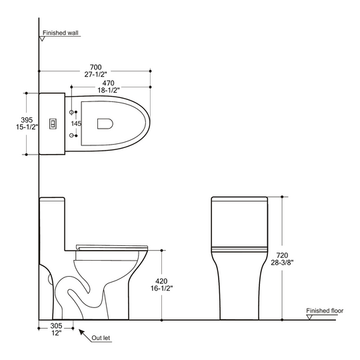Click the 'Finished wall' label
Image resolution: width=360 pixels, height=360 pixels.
pyautogui.click(x=61, y=33)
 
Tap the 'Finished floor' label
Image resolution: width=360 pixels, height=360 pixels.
pyautogui.click(x=325, y=311)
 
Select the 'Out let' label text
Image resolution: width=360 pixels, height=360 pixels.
pyautogui.click(x=101, y=338)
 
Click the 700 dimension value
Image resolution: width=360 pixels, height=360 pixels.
pyautogui.click(x=95, y=67)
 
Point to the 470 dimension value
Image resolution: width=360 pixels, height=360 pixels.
pyautogui.click(x=109, y=83)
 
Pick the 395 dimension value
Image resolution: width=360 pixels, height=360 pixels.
pyautogui.click(x=27, y=120)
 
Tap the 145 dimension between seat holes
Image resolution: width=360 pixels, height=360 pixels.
pyautogui.click(x=76, y=123)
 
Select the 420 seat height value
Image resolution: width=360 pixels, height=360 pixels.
pyautogui.click(x=161, y=281)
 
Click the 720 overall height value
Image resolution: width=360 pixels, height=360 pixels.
pyautogui.click(x=282, y=255)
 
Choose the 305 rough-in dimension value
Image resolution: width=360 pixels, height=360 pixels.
pyautogui.click(x=56, y=325)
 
